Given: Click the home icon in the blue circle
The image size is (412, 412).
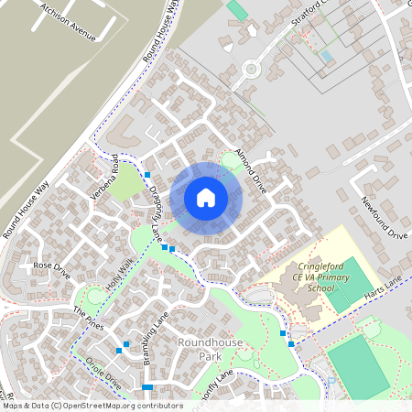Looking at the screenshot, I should pos(206,197).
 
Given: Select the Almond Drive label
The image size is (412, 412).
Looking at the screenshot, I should pos(249,168).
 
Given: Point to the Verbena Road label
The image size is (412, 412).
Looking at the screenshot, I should pos(105,179).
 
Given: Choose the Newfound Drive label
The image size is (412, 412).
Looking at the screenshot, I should pos(383,218).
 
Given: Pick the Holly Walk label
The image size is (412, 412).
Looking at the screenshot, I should pos(119,274).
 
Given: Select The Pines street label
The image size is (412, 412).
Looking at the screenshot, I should pos(90,318).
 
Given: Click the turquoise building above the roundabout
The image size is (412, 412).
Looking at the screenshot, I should pos(237,10).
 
